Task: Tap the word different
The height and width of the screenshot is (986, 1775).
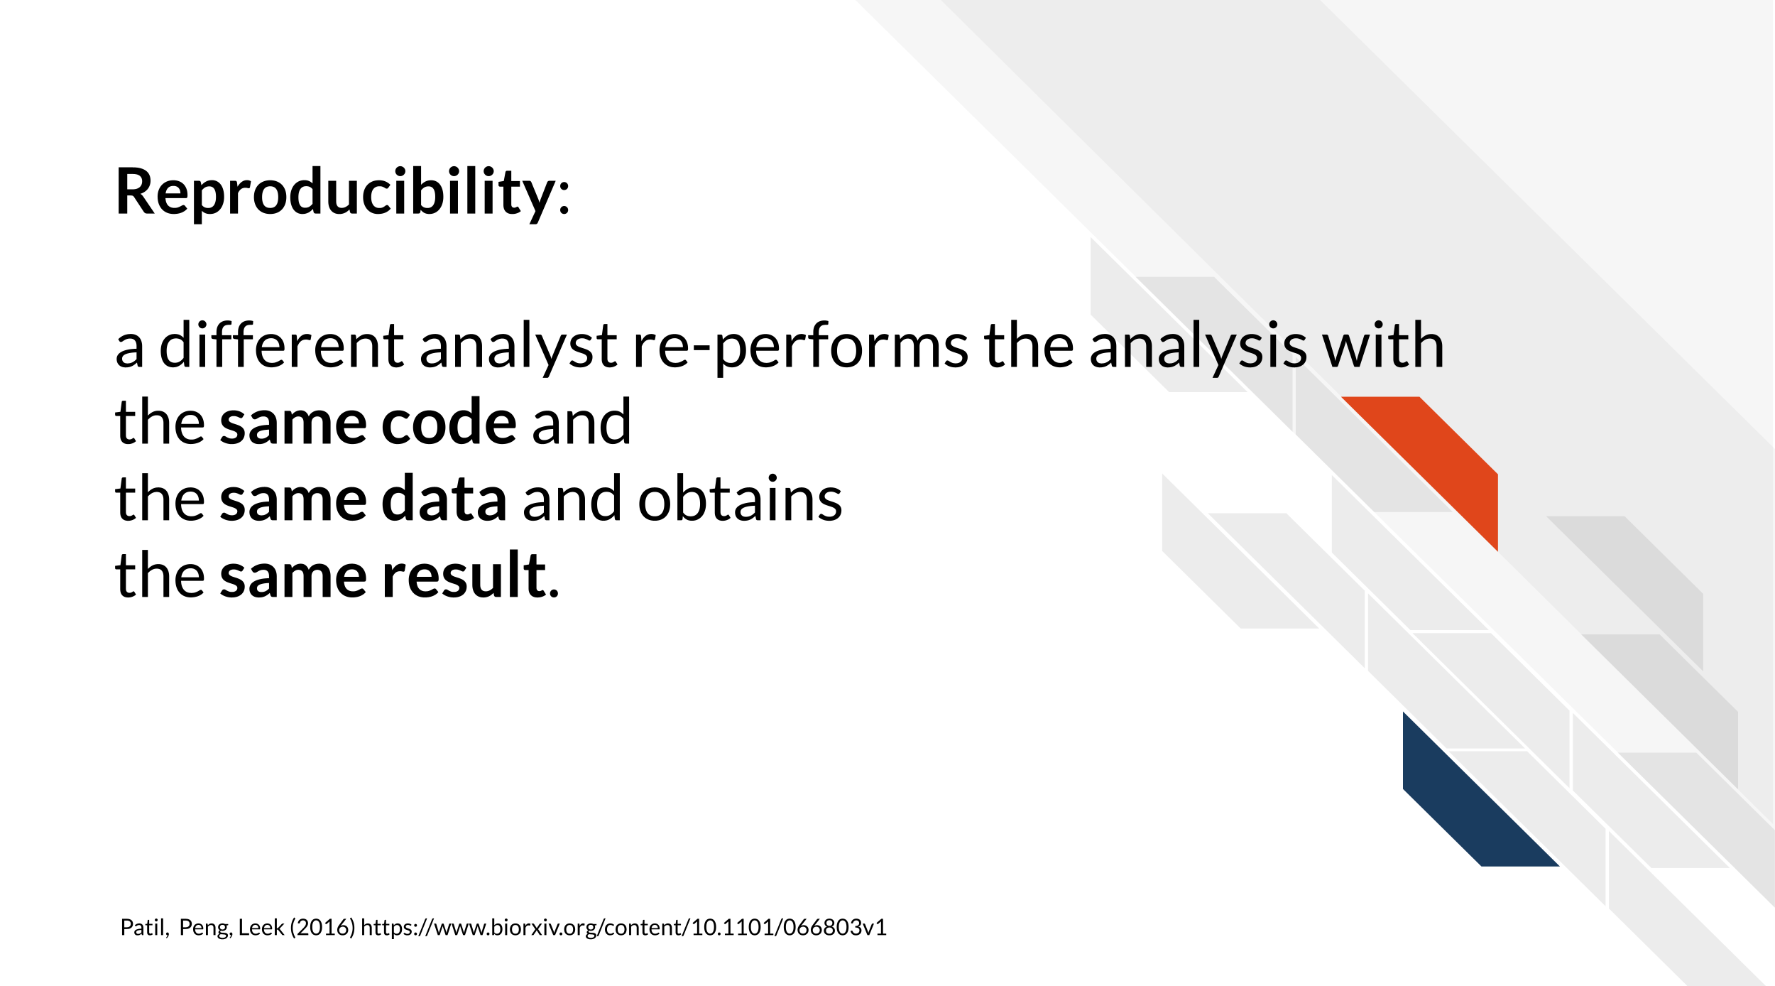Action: click(281, 345)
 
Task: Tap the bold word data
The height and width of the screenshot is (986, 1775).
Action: click(444, 499)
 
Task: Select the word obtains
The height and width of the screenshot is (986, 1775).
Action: click(740, 499)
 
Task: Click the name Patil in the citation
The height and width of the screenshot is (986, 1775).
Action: click(143, 927)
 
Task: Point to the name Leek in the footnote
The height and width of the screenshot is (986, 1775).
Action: click(261, 927)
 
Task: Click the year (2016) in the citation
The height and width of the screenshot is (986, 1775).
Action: click(322, 928)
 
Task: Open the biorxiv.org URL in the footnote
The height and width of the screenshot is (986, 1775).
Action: click(624, 928)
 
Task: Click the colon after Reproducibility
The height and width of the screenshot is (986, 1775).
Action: click(564, 200)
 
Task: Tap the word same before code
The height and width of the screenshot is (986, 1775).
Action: click(293, 428)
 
